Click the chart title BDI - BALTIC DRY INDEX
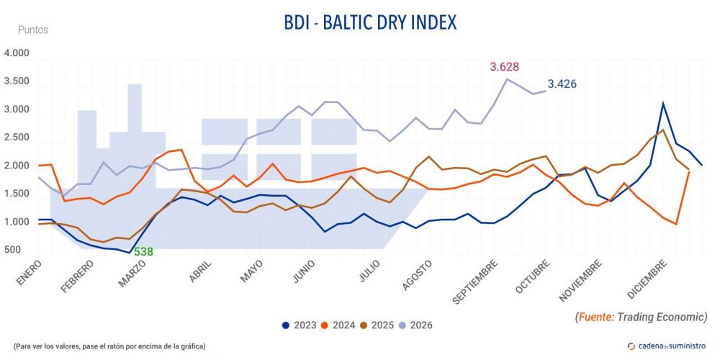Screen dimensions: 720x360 pos(370,22)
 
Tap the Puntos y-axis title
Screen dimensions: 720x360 pos(33,30)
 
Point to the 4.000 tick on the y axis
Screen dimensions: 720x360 pos(17,53)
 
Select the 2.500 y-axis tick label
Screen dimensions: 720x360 pos(17,138)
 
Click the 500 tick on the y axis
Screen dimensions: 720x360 pos(12,251)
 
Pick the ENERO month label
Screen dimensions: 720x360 pos(30,273)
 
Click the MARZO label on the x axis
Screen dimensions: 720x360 pos(132,274)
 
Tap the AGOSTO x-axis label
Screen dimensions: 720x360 pos(417,276)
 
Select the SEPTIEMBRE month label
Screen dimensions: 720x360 pos(474,282)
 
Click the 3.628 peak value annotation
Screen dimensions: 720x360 pos(504,67)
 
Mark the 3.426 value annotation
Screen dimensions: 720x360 pos(562,84)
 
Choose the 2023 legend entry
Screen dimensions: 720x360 pos(300,325)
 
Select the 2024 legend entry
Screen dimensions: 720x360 pos(338,325)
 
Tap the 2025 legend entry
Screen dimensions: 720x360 pos(377,325)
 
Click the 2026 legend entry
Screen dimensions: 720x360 pos(415,325)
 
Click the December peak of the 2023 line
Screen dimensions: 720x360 pos(662,103)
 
